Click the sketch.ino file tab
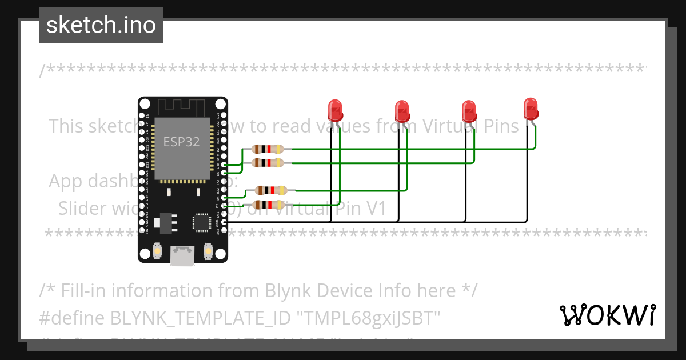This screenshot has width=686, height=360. pos(101,25)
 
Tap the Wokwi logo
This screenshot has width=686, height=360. pos(607,315)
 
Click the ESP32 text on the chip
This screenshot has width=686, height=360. pos(181,142)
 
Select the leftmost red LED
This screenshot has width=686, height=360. pos(335,110)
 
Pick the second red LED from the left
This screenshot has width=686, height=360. pos(402,110)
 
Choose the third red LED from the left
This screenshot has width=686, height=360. pos(469,110)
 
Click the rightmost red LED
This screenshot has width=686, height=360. pos(531,108)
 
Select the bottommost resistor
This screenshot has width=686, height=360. pos(268,205)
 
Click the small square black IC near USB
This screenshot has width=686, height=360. pos(202,222)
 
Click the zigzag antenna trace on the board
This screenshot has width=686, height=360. pos(182,106)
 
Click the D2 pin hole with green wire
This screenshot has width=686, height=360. pos(224,206)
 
